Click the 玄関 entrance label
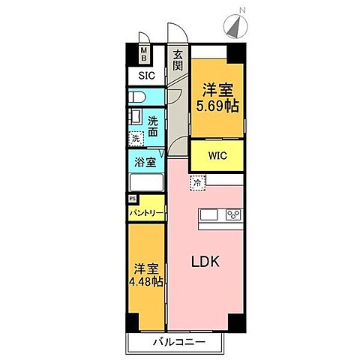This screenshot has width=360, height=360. click(x=178, y=60)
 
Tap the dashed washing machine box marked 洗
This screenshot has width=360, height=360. click(x=136, y=139)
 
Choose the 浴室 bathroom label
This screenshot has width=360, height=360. click(x=145, y=162)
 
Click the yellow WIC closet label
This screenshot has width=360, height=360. click(x=217, y=157)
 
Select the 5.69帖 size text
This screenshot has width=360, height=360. click(x=217, y=106)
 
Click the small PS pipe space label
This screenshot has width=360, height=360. click(x=133, y=199)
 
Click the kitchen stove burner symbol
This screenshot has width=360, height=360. click(x=233, y=216)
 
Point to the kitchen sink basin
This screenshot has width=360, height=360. click(x=208, y=216)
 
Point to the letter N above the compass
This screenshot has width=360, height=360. click(x=241, y=9)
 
